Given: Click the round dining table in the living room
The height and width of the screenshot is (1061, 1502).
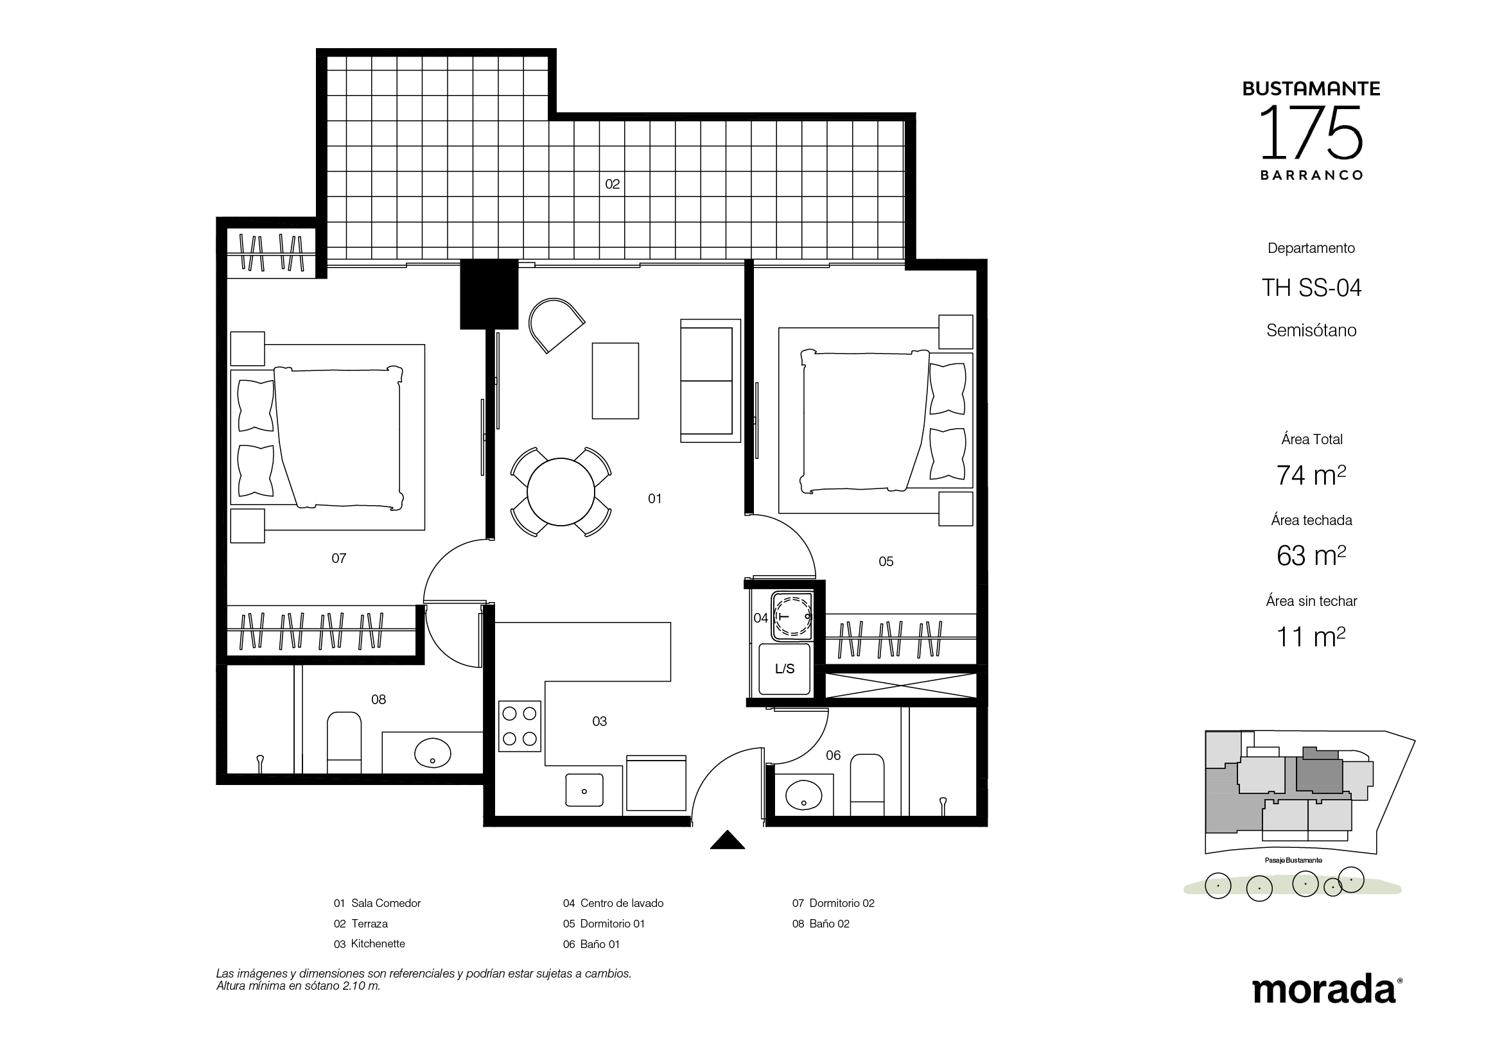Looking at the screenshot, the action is [x=561, y=492].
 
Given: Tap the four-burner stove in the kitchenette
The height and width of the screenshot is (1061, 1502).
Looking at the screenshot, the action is [x=520, y=726].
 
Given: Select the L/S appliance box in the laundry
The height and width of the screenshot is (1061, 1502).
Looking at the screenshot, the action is [x=784, y=669].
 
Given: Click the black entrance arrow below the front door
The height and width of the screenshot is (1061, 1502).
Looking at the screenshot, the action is [x=728, y=840].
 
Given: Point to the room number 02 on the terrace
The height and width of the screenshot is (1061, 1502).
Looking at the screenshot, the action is [x=613, y=184].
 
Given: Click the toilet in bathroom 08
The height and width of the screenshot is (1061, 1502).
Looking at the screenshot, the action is [x=344, y=743].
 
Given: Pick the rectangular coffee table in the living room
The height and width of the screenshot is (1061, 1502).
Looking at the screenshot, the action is [x=615, y=381].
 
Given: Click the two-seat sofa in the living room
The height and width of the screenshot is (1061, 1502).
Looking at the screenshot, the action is [x=710, y=381].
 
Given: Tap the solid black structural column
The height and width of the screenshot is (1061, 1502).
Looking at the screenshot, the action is [x=489, y=294].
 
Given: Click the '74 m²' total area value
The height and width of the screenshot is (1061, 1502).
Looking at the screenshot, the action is [x=1311, y=475].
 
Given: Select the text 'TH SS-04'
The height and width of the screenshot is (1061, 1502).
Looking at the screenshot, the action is [x=1311, y=288].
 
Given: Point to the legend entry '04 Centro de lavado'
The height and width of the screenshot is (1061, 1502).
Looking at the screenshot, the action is [x=613, y=903].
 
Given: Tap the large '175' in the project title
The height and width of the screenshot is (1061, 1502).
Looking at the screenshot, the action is [x=1311, y=134].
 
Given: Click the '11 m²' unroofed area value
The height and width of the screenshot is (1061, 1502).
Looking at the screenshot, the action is [x=1311, y=637].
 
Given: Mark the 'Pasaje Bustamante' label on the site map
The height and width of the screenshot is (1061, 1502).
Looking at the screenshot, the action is [x=1293, y=860].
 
